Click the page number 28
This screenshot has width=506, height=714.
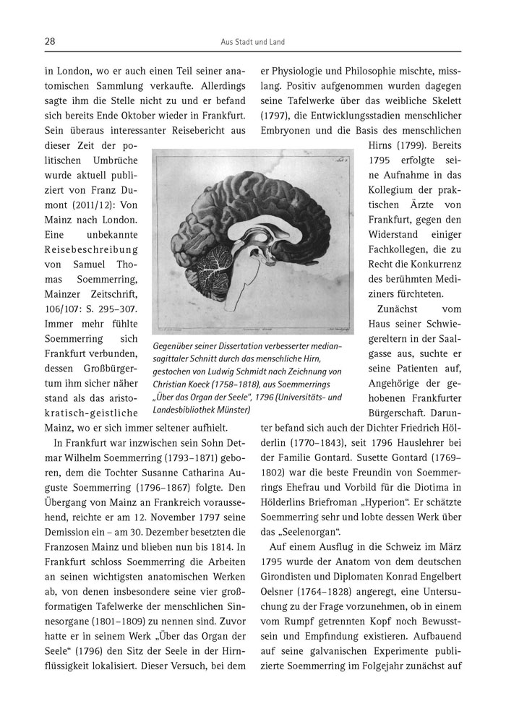(50, 42)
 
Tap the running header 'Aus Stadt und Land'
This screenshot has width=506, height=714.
(252, 43)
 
